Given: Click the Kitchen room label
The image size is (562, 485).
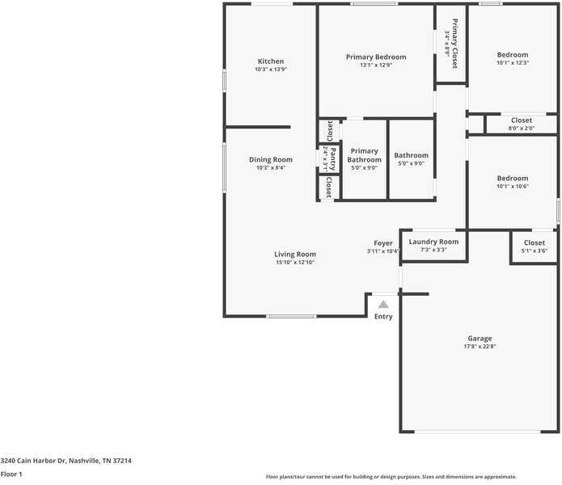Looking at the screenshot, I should click(270, 61).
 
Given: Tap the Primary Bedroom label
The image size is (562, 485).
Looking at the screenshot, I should click(376, 57).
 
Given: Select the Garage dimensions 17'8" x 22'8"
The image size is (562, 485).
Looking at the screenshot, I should click(480, 347).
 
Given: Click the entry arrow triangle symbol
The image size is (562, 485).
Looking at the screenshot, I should click(383, 305).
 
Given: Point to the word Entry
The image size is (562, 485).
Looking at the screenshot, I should click(383, 316).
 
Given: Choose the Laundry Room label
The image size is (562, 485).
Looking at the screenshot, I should click(433, 242).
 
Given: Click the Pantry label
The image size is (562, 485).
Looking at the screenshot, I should click(332, 158).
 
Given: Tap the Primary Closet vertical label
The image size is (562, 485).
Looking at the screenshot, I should click(454, 43).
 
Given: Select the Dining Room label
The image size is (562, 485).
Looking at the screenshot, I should click(270, 159).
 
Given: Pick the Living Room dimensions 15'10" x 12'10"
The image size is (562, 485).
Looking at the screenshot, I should click(294, 262).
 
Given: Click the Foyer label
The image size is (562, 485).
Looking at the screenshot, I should click(382, 243).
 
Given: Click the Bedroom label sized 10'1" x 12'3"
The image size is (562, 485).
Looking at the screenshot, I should click(512, 55).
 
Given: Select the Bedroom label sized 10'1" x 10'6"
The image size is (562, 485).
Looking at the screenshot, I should click(512, 178).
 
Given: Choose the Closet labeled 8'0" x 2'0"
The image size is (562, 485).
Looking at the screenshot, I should click(522, 120).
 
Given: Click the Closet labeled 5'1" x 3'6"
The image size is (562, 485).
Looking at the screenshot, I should click(534, 242).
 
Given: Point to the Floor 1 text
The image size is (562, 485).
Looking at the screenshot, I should click(11, 474).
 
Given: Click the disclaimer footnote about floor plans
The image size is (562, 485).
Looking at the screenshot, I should click(391, 477).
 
